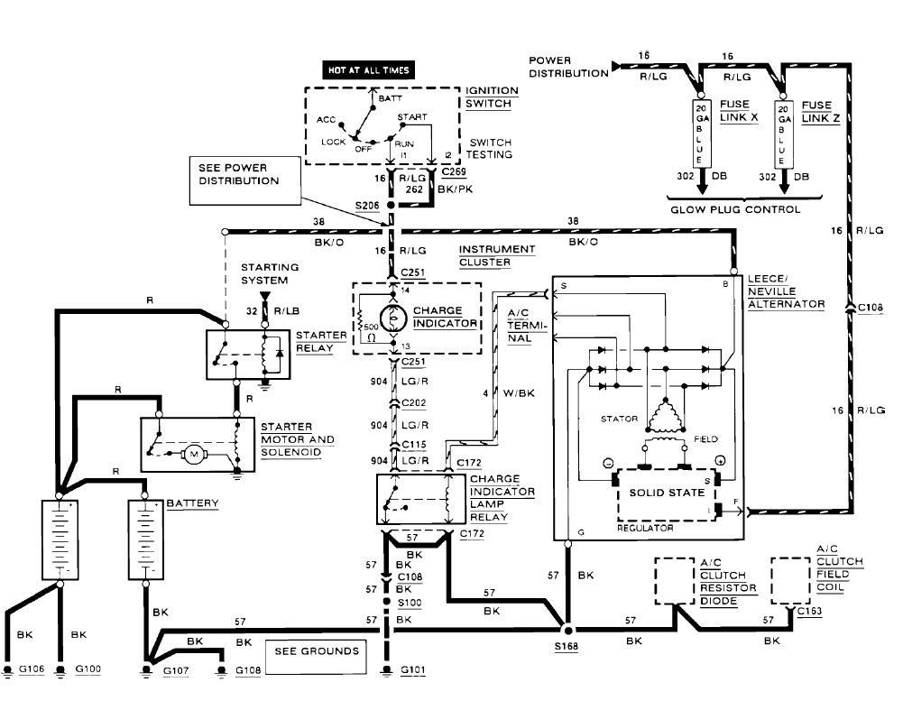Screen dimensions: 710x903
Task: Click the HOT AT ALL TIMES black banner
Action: (369, 70)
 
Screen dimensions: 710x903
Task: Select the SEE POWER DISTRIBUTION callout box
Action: (241, 174)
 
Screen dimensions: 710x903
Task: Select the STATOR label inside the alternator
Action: (619, 419)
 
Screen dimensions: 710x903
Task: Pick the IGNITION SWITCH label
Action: (492, 97)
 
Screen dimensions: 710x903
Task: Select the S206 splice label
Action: (366, 207)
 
